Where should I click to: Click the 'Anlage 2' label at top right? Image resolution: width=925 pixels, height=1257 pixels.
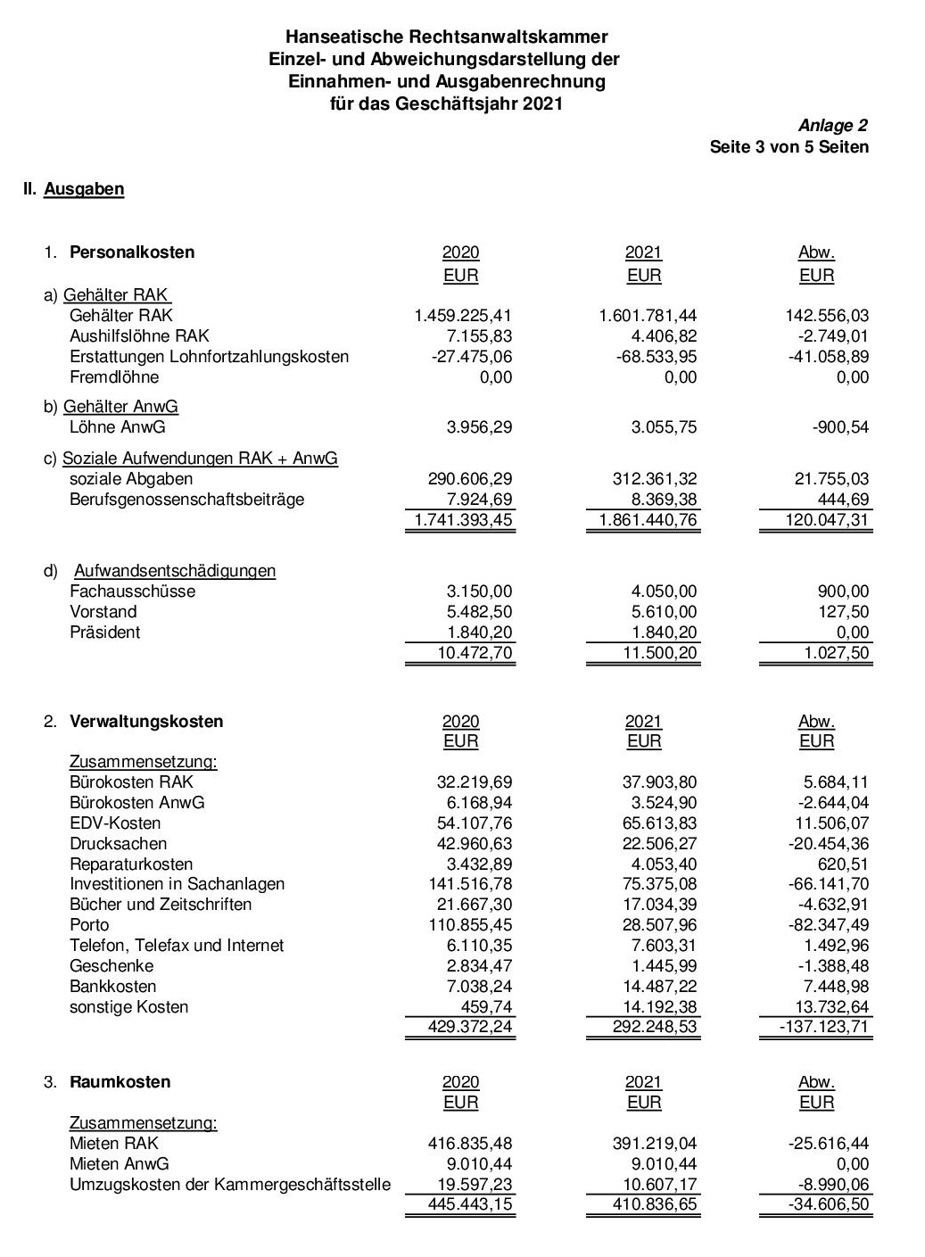pos(832,126)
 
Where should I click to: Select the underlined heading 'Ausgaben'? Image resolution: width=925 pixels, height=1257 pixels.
pos(84,189)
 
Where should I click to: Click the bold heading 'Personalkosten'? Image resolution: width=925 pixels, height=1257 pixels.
pos(132,252)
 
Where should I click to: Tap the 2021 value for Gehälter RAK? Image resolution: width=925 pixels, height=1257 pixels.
pos(648,316)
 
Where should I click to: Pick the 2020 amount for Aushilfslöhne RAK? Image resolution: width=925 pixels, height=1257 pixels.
pos(480,336)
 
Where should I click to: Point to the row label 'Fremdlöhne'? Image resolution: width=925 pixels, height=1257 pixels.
pos(114,377)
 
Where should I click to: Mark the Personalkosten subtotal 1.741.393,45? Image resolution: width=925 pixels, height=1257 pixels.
pos(464,520)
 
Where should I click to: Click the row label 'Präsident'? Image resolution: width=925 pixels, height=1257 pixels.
pos(105,633)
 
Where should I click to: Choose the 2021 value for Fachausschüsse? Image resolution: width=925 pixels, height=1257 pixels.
pos(663,591)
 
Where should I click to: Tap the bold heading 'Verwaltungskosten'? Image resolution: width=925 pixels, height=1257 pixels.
pos(146,722)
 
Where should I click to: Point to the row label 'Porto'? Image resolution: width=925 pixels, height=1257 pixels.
pos(89,925)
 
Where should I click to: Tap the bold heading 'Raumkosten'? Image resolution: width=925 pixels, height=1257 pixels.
pos(120,1082)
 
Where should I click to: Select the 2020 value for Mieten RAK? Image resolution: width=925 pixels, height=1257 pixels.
pos(470,1144)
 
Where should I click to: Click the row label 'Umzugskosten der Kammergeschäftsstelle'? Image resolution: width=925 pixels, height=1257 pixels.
pos(230,1185)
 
